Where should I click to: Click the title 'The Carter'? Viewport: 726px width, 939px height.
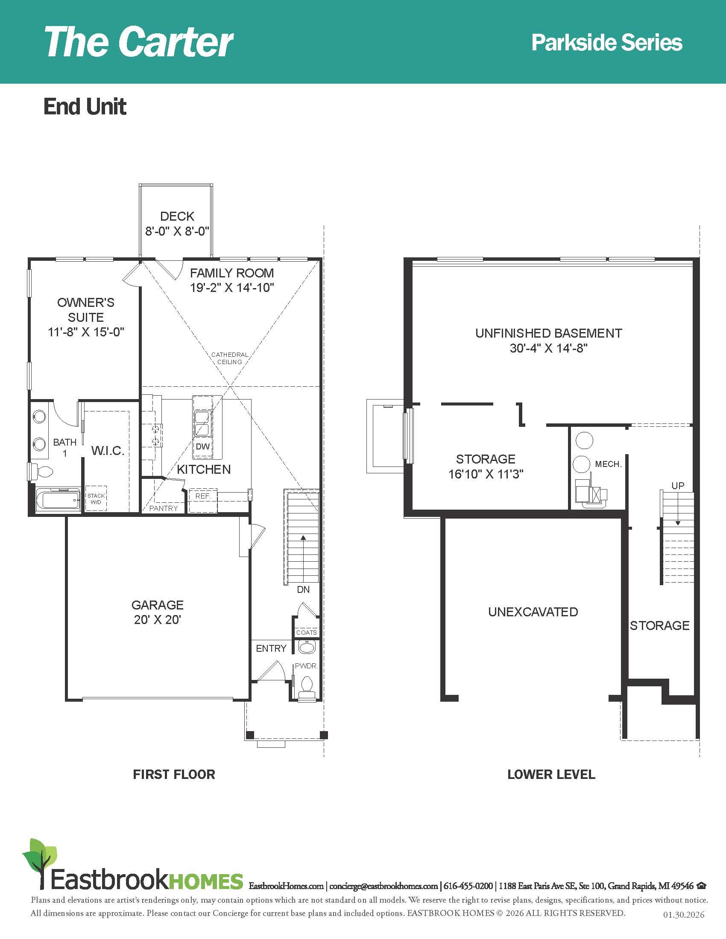click(138, 42)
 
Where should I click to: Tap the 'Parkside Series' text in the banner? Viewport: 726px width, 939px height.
click(606, 43)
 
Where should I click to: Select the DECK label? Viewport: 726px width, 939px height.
click(177, 216)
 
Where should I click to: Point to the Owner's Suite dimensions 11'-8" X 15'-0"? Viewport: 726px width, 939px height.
click(86, 332)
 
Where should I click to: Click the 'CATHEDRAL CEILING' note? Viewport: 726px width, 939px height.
click(230, 358)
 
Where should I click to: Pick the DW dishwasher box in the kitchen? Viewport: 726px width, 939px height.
click(202, 447)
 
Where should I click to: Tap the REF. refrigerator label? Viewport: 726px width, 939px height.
click(203, 496)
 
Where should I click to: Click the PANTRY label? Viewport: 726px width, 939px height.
click(164, 508)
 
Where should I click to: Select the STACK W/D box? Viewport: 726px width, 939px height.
click(96, 499)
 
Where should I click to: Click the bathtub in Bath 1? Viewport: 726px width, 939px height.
click(58, 501)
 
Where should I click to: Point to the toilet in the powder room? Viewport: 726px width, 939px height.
click(307, 685)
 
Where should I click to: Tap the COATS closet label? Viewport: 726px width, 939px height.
click(307, 633)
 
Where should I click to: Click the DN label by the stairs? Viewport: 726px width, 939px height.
click(303, 589)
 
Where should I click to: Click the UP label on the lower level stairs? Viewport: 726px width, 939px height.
click(678, 486)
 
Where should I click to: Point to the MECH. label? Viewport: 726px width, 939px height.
click(608, 464)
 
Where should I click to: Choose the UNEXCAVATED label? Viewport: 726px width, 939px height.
click(533, 612)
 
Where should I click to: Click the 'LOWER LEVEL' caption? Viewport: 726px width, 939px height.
click(551, 774)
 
